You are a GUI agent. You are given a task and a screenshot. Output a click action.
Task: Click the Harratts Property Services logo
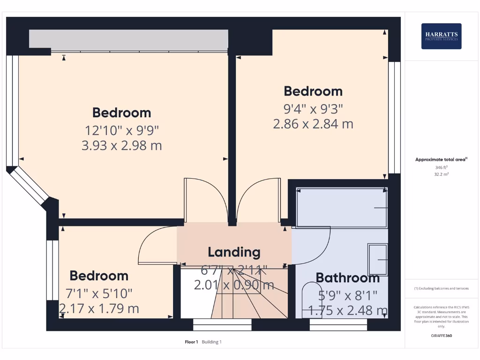pos(441,36)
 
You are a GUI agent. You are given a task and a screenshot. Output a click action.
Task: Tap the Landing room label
pos(234,252)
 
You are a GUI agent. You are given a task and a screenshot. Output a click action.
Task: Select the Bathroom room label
pos(347,278)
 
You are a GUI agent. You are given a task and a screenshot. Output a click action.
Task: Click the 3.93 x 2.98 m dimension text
pos(122,145)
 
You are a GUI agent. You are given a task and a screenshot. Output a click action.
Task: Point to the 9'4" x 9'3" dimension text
pos(313,109)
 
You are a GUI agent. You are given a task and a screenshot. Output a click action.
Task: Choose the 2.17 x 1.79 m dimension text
pos(99,309)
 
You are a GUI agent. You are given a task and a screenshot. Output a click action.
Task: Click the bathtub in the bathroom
pos(342,208)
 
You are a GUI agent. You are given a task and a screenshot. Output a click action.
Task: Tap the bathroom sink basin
pos(378,259)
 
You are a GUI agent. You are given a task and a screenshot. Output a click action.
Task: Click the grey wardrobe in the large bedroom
pos(128,39)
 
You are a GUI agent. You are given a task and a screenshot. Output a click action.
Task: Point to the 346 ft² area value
pos(441,167)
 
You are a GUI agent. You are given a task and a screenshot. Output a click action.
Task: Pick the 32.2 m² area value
pos(441,174)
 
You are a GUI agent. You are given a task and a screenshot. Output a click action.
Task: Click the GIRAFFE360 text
pos(441,336)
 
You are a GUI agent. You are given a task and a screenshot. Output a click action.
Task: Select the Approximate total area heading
pos(441,160)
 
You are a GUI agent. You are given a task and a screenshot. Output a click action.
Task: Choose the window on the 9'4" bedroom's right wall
pos(395,117)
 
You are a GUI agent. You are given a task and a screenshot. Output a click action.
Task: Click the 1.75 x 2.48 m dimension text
pos(347,310)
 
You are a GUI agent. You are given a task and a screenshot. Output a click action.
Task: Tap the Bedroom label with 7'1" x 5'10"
pos(99,276)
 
